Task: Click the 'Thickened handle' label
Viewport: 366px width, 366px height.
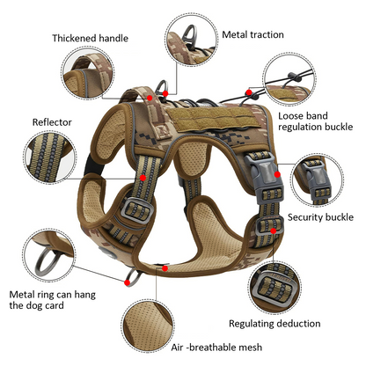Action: point(90,38)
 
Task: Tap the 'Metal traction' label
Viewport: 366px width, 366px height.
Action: point(253,34)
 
